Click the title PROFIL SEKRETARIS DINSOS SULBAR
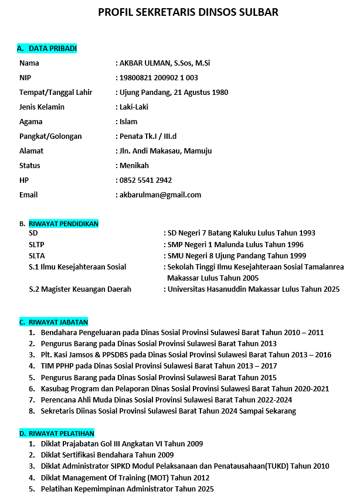pos(188,12)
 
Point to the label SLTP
pos(37,245)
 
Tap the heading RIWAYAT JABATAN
pos(58,322)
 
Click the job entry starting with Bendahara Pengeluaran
pos(182,333)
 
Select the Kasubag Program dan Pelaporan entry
pos(185,388)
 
